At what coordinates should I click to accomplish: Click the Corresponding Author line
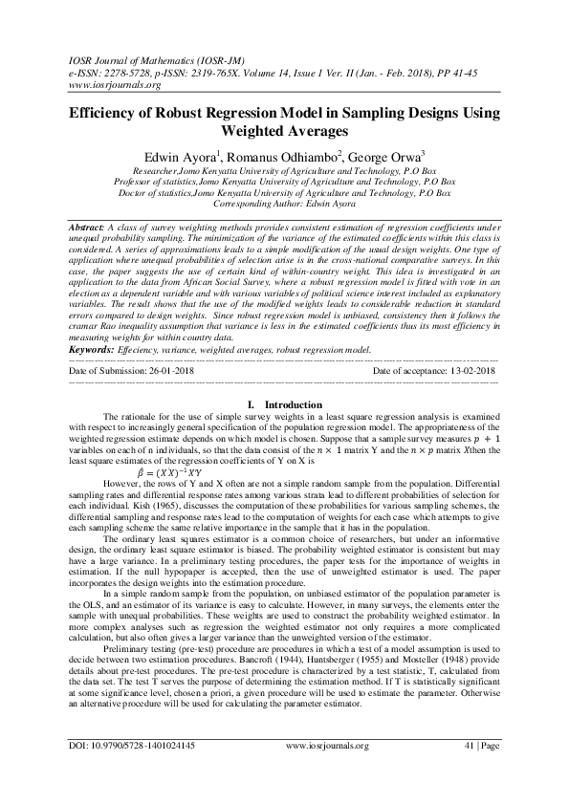click(x=283, y=205)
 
